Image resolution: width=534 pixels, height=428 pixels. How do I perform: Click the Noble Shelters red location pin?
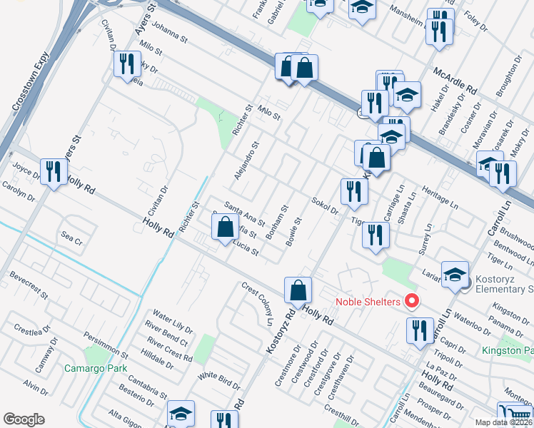(x=411, y=301)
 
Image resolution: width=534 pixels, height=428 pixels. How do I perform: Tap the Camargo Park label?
(x=95, y=368)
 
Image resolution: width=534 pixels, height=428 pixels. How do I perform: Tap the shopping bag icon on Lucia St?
(x=225, y=228)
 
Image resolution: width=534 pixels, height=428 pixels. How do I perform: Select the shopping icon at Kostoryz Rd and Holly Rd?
(x=298, y=290)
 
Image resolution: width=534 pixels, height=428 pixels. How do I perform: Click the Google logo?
(x=24, y=419)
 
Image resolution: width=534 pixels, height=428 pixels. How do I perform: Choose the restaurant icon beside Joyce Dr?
(x=54, y=172)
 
